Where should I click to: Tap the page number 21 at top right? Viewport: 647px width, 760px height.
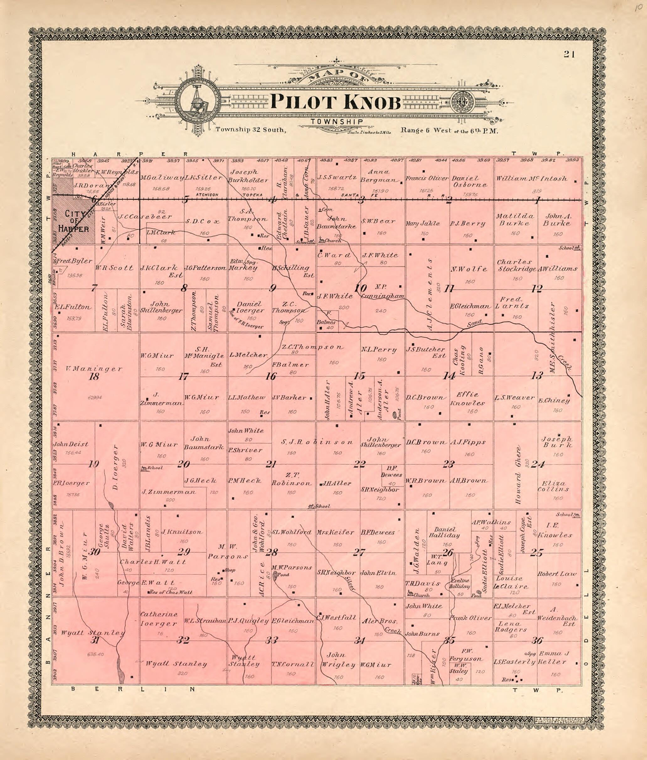pyautogui.click(x=570, y=55)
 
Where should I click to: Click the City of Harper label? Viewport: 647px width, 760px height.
pyautogui.click(x=76, y=221)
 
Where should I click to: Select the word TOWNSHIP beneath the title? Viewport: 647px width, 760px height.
pyautogui.click(x=336, y=122)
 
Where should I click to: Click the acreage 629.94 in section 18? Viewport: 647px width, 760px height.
pyautogui.click(x=95, y=397)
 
